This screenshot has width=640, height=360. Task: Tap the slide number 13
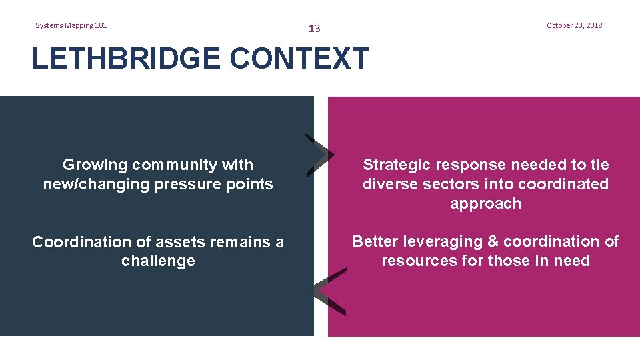tap(315, 29)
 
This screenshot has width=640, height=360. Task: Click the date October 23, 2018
tap(574, 25)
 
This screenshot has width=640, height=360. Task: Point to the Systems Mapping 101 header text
tap(71, 25)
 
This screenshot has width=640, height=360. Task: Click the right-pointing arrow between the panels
tap(320, 155)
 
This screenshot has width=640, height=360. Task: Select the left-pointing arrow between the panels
tap(330, 291)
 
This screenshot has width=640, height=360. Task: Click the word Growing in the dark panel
tap(94, 165)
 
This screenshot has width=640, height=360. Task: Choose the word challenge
tap(158, 261)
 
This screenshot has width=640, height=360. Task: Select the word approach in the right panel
tap(485, 203)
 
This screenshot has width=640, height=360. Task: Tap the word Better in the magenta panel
tap(377, 241)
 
